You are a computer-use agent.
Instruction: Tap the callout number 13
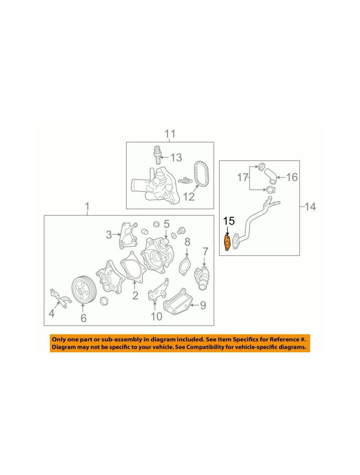point(176,158)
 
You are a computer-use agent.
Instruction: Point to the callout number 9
point(203,306)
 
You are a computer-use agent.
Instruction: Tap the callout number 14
point(310,207)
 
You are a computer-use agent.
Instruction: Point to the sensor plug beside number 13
point(157,155)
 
